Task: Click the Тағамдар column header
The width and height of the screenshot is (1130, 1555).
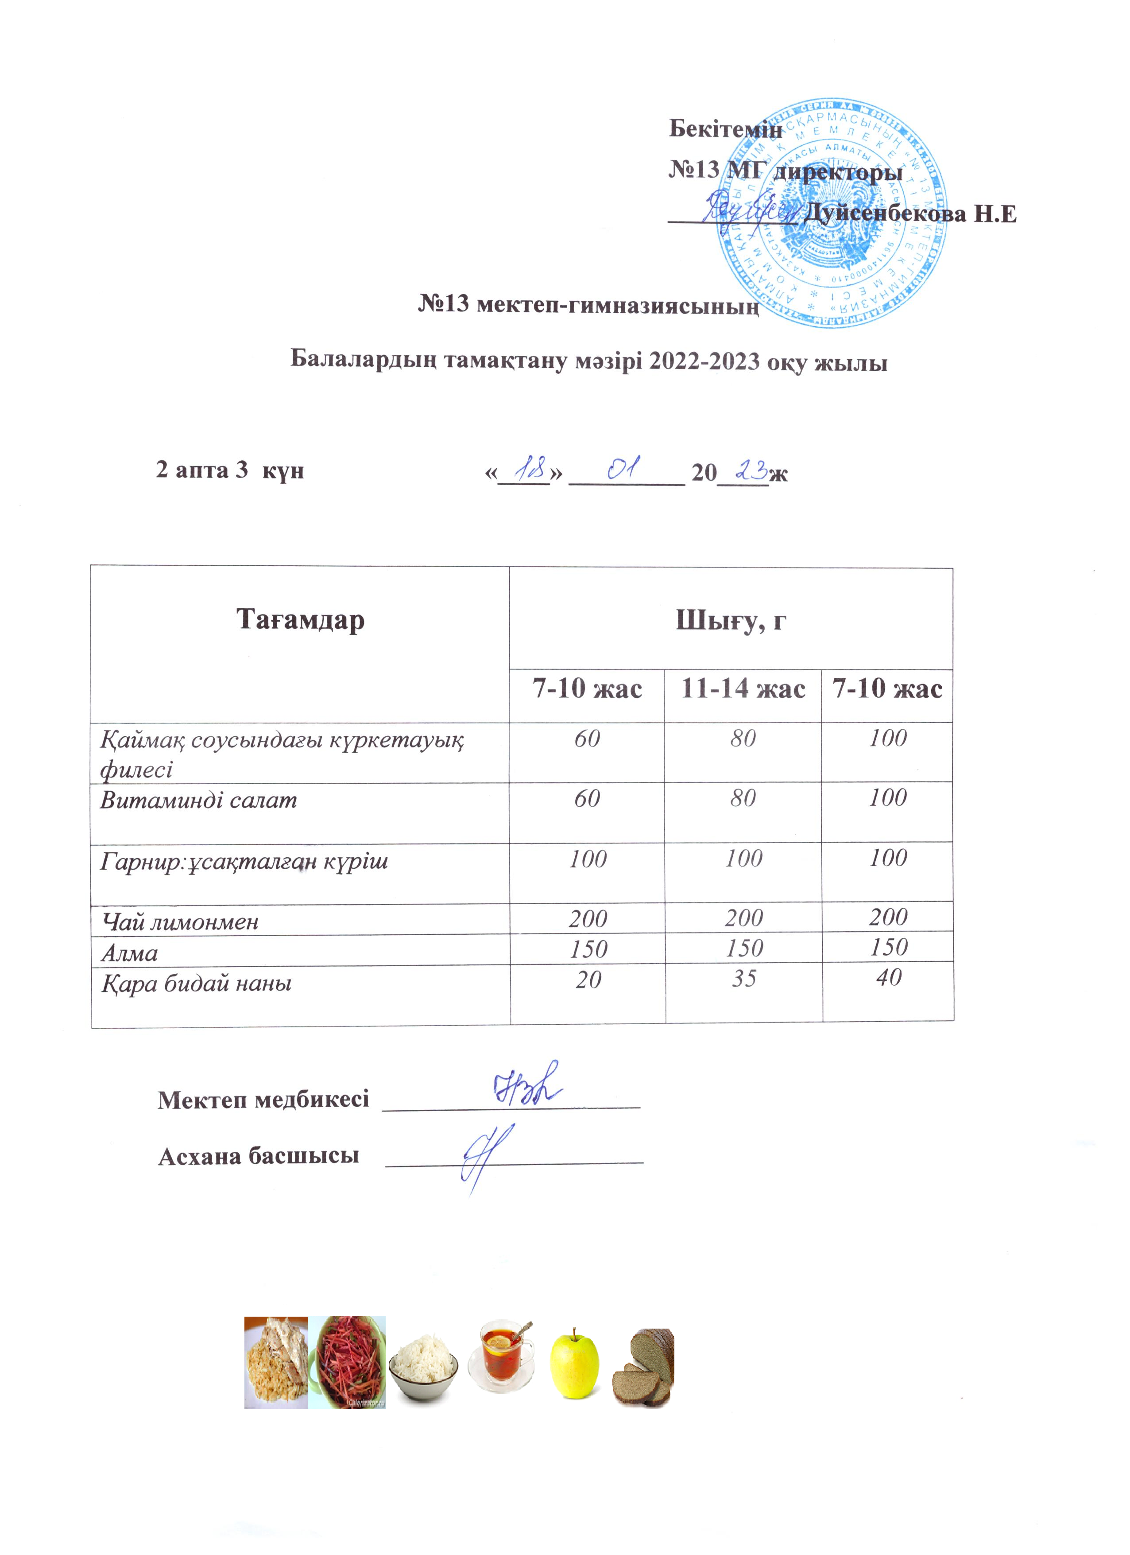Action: click(x=300, y=620)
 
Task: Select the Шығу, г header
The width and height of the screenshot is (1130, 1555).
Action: click(x=731, y=620)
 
